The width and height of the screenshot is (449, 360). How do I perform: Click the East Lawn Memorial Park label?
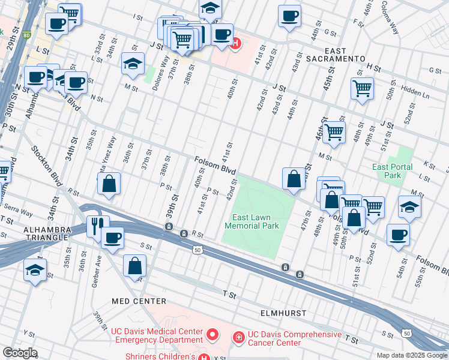252,221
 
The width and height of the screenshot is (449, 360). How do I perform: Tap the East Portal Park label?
387,171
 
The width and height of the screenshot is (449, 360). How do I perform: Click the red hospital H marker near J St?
237,43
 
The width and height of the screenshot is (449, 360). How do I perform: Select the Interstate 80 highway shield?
26,35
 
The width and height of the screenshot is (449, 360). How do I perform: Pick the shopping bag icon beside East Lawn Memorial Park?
294,179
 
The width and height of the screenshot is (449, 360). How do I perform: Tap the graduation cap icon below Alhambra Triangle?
35,270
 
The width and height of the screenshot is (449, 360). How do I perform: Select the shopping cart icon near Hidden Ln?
362,88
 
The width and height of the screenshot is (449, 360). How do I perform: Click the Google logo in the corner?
20,353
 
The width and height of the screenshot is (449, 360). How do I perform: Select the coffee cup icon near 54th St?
398,235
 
